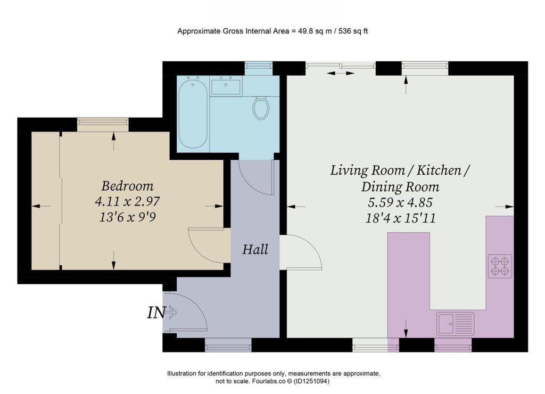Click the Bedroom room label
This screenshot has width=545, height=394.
pos(127,186)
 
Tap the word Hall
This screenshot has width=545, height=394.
pos(255,249)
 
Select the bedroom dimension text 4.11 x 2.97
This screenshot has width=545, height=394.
pos(127,201)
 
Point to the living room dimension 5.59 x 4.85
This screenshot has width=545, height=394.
pos(400,202)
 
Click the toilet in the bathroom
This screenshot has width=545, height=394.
pos(261,108)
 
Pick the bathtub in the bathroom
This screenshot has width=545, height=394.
pos(193,113)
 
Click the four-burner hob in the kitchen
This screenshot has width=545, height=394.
pos(500,266)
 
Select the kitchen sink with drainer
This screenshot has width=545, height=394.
pos(456,323)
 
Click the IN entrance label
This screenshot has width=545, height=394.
pos(156,313)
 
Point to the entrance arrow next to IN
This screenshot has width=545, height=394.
pos(171,313)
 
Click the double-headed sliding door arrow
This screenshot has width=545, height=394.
pos(340,73)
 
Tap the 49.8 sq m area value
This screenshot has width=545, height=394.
pos(315,31)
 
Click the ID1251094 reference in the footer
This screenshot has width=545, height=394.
pos(311,381)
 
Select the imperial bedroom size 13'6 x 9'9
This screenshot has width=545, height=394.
pos(127,217)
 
